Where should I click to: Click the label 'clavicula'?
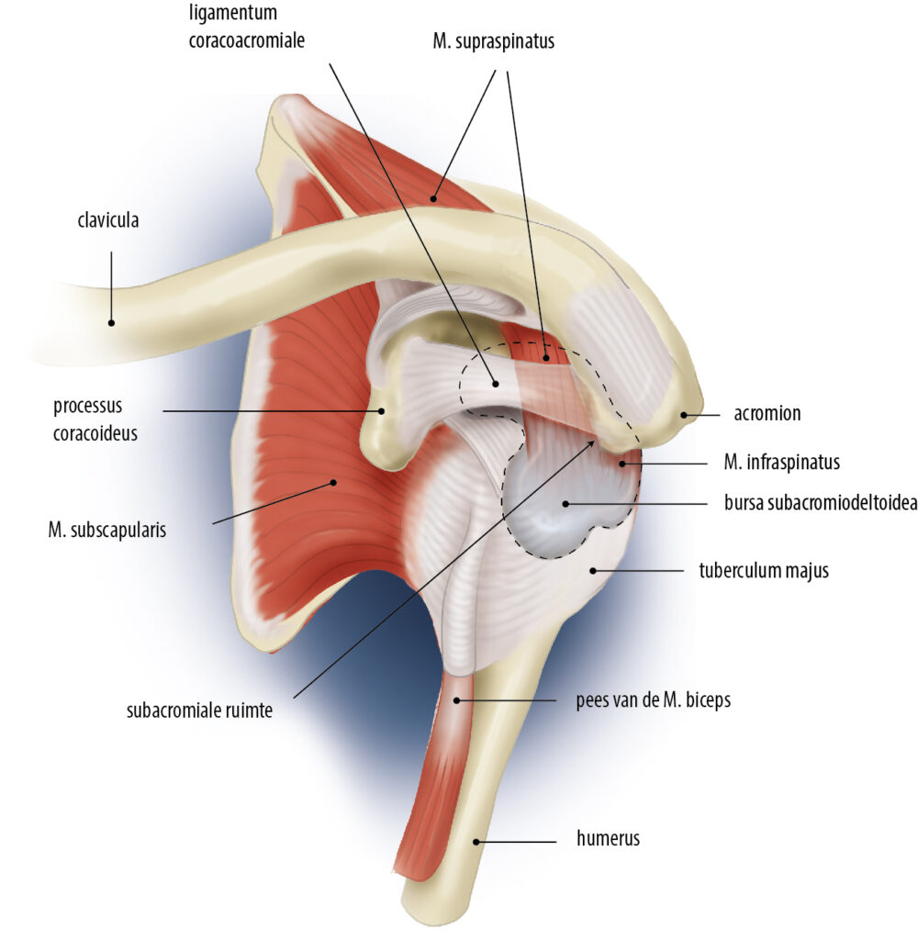point(108,220)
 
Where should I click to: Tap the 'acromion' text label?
point(767,413)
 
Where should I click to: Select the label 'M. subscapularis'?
point(108,530)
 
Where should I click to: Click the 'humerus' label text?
point(608,838)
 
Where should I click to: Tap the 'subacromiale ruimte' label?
point(199,710)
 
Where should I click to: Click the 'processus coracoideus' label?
point(95,420)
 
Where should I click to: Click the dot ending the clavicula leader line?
point(111,322)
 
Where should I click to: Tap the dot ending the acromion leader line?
point(683,415)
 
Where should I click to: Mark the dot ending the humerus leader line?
point(476,840)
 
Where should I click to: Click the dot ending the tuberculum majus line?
point(593,570)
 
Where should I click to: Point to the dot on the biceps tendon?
point(457,700)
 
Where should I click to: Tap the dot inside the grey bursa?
point(565,503)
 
